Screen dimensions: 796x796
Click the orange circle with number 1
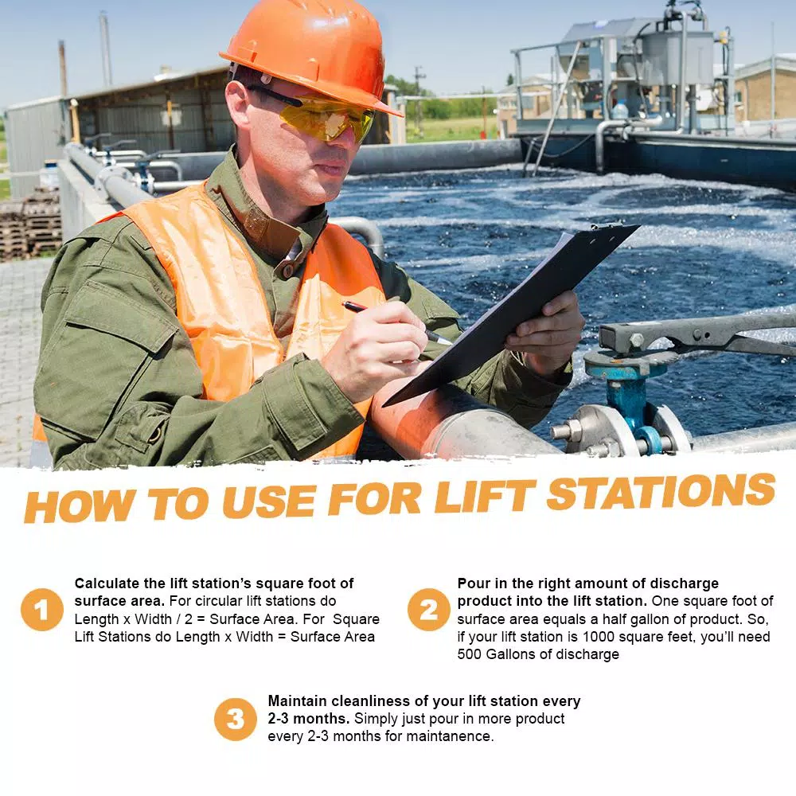pyautogui.click(x=42, y=610)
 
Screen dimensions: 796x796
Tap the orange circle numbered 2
pyautogui.click(x=429, y=610)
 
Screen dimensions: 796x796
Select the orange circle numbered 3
pyautogui.click(x=236, y=719)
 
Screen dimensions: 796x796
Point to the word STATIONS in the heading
pyautogui.click(x=661, y=490)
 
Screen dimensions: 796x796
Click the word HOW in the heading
pyautogui.click(x=80, y=505)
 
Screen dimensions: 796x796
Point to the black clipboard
pyautogui.click(x=510, y=314)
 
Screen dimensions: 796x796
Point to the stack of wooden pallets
pyautogui.click(x=30, y=226)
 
